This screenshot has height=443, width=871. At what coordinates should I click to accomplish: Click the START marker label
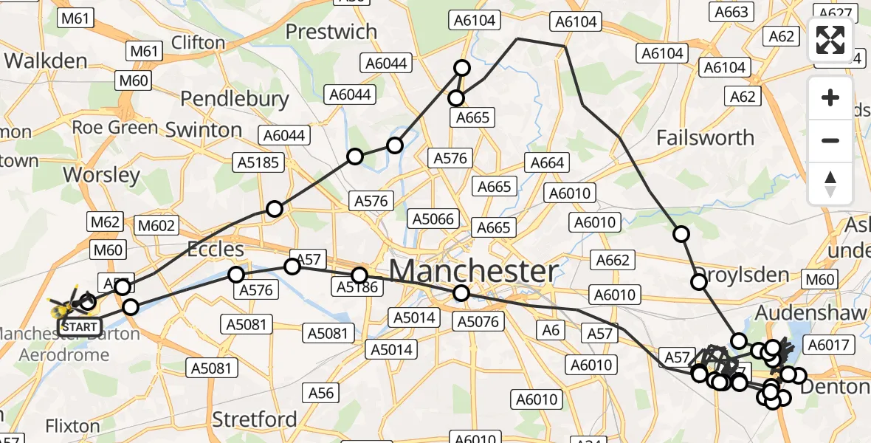pyautogui.click(x=79, y=326)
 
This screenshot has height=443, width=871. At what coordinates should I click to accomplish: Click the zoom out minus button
pyautogui.click(x=830, y=140)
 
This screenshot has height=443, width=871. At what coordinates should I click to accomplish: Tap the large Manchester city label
pyautogui.click(x=473, y=271)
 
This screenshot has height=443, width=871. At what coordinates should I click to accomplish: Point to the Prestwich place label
pyautogui.click(x=331, y=32)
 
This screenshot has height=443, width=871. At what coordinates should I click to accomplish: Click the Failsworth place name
pyautogui.click(x=705, y=138)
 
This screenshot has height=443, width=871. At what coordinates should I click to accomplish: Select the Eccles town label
pyautogui.click(x=215, y=248)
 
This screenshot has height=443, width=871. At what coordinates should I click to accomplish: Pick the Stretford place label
pyautogui.click(x=254, y=419)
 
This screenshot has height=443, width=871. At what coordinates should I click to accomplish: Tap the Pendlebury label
pyautogui.click(x=235, y=98)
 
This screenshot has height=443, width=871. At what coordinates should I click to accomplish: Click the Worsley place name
pyautogui.click(x=102, y=175)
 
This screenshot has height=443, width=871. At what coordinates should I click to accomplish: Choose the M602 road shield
pyautogui.click(x=156, y=225)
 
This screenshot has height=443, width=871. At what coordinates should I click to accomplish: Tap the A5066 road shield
pyautogui.click(x=433, y=219)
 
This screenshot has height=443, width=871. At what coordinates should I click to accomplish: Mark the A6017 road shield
pyautogui.click(x=830, y=344)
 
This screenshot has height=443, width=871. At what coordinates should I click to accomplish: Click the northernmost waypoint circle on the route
pyautogui.click(x=462, y=69)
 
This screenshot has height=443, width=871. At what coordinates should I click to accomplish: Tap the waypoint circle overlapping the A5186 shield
pyautogui.click(x=359, y=275)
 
